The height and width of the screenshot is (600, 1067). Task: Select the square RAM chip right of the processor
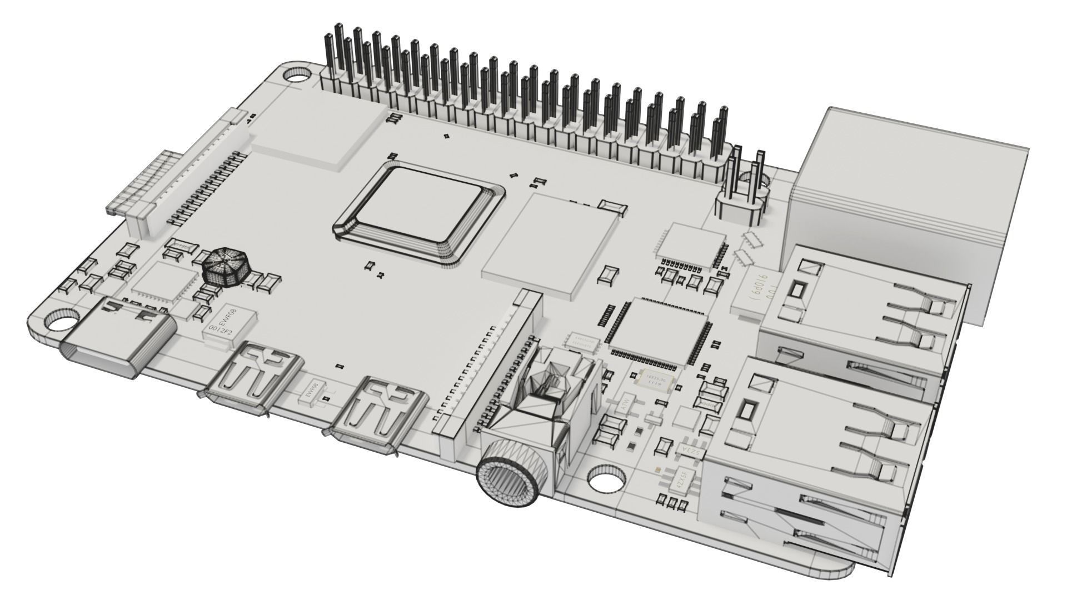(x=550, y=242)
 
